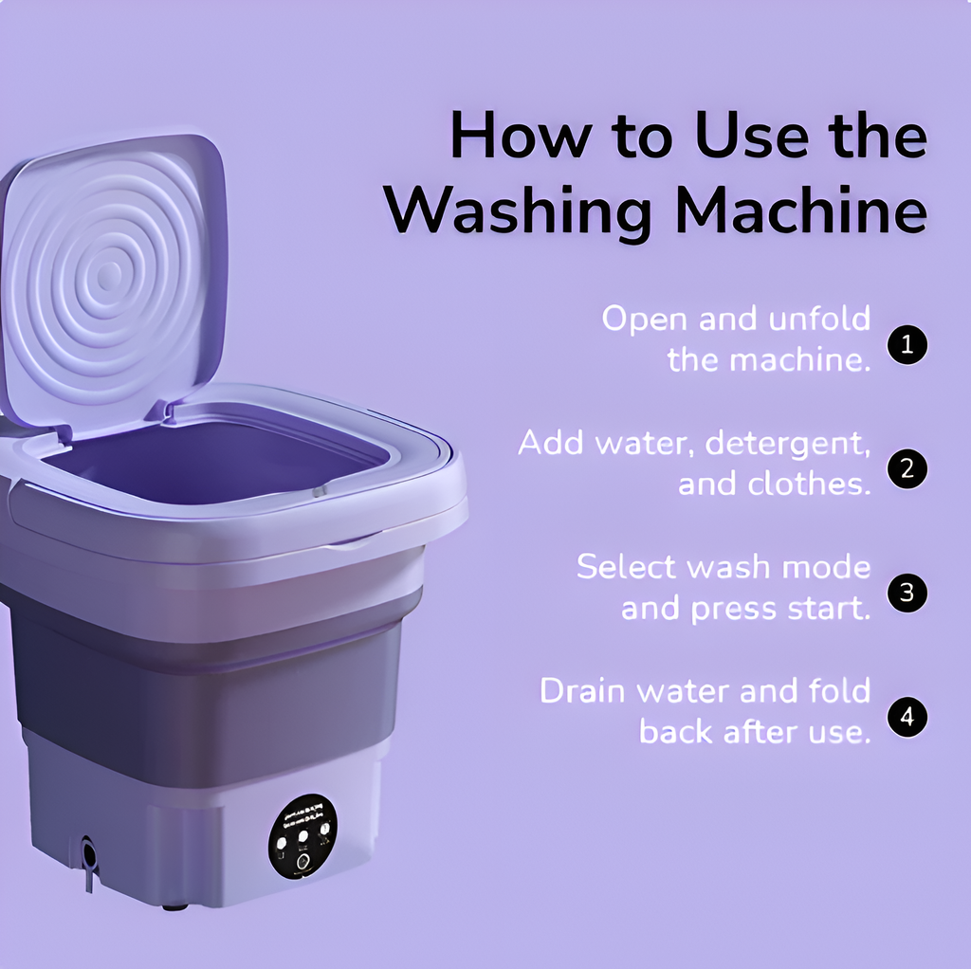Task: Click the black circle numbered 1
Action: click(x=907, y=345)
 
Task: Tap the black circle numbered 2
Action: click(x=907, y=469)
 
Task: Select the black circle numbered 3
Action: click(x=907, y=593)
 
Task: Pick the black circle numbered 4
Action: click(x=907, y=717)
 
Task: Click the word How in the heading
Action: click(x=519, y=136)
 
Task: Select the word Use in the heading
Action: click(x=749, y=136)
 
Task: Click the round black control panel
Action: click(x=302, y=835)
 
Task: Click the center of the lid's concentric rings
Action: click(x=109, y=276)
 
